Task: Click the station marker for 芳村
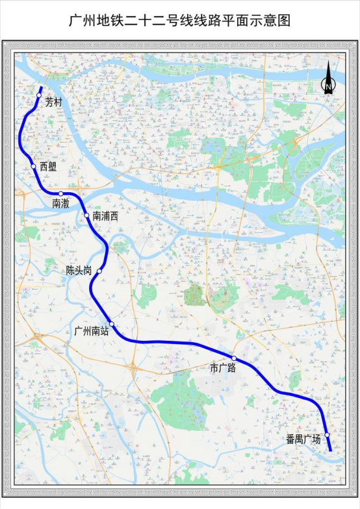pyautogui.click(x=39, y=95)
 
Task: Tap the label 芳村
pyautogui.click(x=53, y=103)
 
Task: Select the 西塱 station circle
pyautogui.click(x=34, y=166)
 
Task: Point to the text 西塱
pyautogui.click(x=48, y=167)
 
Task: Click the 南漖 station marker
pyautogui.click(x=60, y=193)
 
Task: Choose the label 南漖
pyautogui.click(x=61, y=204)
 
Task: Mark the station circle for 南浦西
pyautogui.click(x=86, y=215)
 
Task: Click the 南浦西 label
pyautogui.click(x=105, y=216)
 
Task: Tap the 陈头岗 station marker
pyautogui.click(x=99, y=271)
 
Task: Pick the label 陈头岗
pyautogui.click(x=79, y=271)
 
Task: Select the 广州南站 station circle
pyautogui.click(x=112, y=324)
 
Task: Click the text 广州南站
pyautogui.click(x=91, y=331)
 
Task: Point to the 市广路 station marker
pyautogui.click(x=234, y=358)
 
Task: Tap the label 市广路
pyautogui.click(x=222, y=368)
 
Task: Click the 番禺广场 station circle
pyautogui.click(x=328, y=435)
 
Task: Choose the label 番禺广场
pyautogui.click(x=303, y=440)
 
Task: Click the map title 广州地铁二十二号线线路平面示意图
pyautogui.click(x=180, y=20)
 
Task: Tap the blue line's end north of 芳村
pyautogui.click(x=42, y=88)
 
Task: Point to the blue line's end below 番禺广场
pyautogui.click(x=331, y=450)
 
